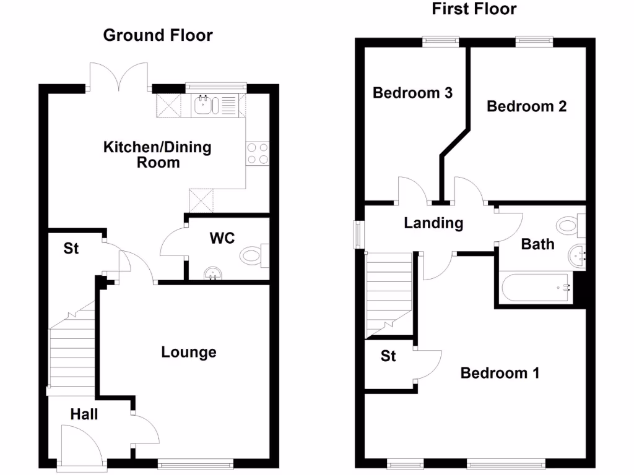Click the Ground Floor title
[157, 35]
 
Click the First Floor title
[474, 9]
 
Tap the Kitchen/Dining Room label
[157, 155]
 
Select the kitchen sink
[204, 106]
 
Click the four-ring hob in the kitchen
[258, 153]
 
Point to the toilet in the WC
[253, 255]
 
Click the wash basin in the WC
[213, 273]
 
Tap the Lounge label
[189, 353]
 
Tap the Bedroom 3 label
[412, 93]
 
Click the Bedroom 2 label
[526, 106]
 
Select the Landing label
[433, 223]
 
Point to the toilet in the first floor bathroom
[569, 225]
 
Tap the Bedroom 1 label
[500, 373]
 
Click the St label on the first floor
[388, 356]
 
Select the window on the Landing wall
[357, 234]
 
